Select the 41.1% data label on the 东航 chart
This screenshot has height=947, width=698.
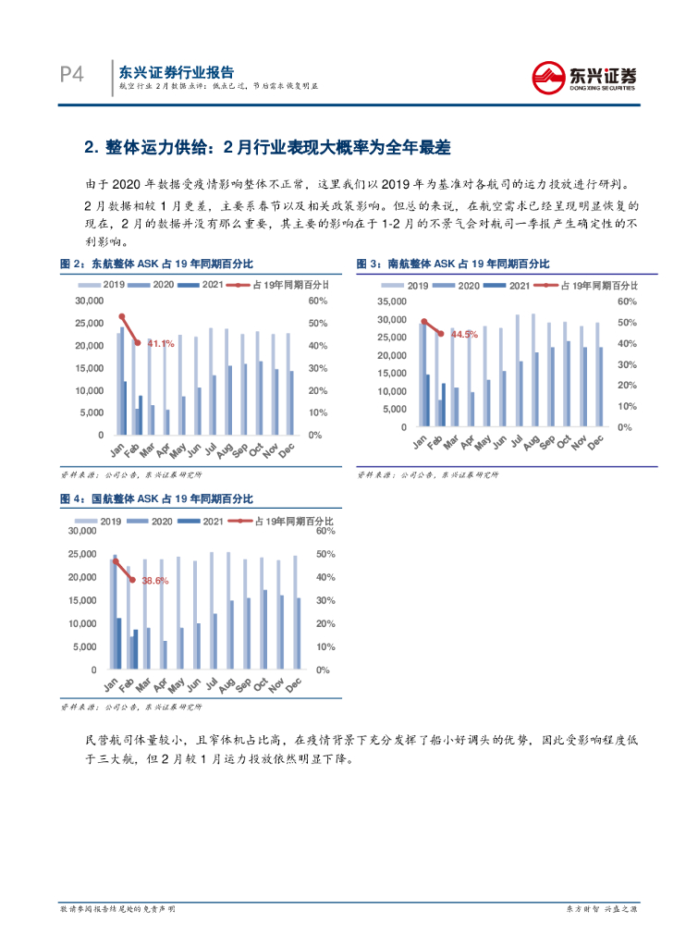click(x=161, y=344)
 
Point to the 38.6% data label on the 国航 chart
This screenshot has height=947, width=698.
click(x=155, y=581)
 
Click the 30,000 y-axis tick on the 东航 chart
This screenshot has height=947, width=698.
click(x=89, y=301)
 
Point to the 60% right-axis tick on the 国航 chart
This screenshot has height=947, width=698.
click(x=325, y=531)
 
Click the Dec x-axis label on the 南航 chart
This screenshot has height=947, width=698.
click(x=596, y=443)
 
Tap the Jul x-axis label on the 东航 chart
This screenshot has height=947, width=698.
click(x=211, y=449)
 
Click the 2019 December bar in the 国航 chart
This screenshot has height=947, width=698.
click(x=295, y=611)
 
